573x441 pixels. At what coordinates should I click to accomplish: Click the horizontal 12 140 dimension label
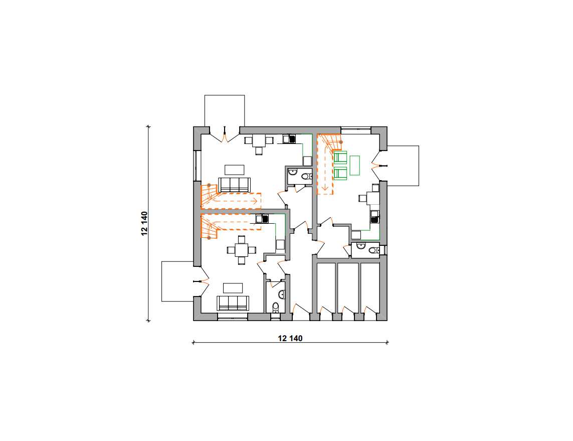290,338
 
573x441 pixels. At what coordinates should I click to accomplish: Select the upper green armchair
340,157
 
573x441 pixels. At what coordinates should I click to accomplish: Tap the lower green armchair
340,173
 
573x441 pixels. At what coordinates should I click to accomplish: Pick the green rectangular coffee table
354,165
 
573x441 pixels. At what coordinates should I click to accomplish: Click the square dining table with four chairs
241,250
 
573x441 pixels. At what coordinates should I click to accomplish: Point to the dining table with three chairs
259,141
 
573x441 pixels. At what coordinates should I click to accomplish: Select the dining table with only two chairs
373,198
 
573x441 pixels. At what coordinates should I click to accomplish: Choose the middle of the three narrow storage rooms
347,287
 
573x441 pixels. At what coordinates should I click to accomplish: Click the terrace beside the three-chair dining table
225,111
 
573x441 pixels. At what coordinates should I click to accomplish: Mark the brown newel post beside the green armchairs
341,142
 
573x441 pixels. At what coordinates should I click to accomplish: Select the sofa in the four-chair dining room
233,303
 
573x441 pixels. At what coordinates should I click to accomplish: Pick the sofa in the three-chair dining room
234,185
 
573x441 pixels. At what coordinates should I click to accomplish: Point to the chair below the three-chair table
259,151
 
